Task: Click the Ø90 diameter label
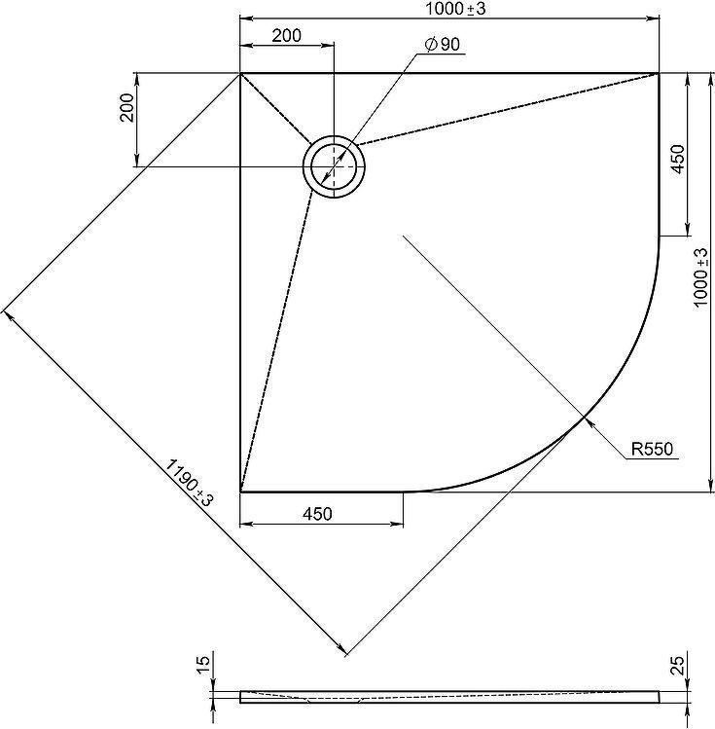442,44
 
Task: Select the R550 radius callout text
652,449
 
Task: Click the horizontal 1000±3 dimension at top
455,9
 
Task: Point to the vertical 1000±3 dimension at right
701,277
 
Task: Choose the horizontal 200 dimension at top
286,35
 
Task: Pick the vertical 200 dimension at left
126,107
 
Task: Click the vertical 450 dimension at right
679,160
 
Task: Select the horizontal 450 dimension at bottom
317,514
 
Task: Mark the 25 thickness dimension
679,666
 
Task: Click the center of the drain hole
334,166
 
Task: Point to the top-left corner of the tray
239,73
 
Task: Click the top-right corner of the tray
659,73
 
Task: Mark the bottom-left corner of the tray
240,491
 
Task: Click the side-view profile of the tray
449,697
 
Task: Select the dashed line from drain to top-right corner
508,109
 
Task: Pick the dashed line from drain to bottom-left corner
276,342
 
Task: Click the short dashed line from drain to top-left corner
275,108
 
